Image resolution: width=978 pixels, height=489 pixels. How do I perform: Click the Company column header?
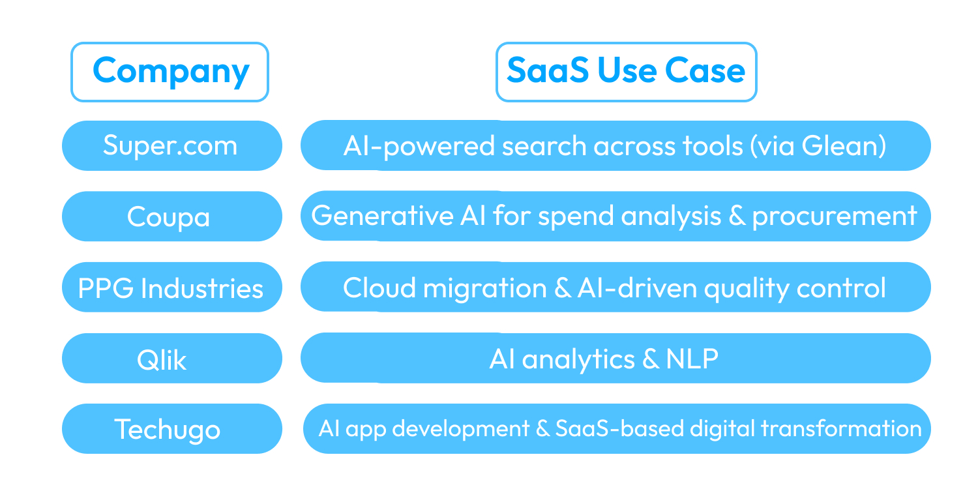click(170, 72)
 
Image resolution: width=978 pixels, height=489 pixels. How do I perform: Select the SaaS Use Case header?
click(626, 72)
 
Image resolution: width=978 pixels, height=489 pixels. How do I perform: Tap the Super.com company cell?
click(171, 145)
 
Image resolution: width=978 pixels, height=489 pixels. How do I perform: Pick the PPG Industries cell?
click(171, 288)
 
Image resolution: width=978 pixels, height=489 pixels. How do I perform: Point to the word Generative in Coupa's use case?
click(366, 216)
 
